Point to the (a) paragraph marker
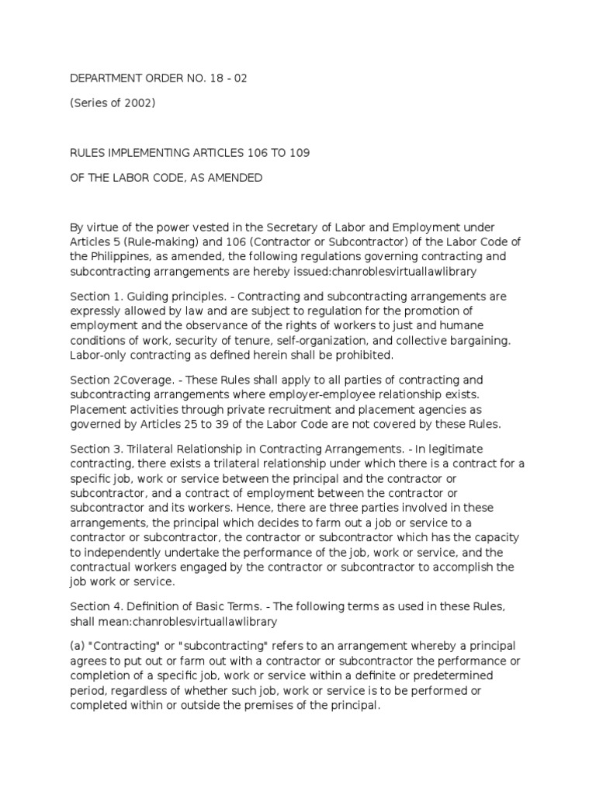pos(77,645)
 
